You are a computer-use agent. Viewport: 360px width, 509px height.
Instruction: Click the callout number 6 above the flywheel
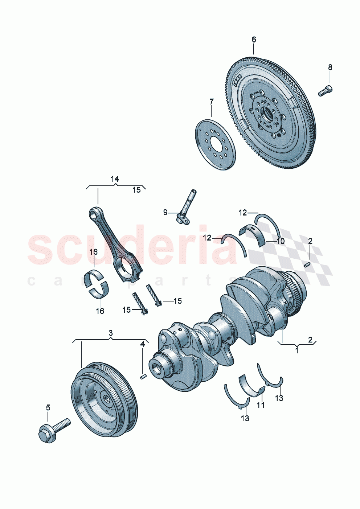pos(254,39)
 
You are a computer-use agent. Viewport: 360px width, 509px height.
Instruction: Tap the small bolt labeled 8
pos(326,90)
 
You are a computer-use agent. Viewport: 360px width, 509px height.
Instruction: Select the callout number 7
pos(211,102)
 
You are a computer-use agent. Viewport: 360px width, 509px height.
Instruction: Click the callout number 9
pos(165,212)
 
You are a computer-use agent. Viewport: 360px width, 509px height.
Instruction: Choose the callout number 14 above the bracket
pos(115,179)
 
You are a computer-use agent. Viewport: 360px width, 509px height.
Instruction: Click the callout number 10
pos(281,241)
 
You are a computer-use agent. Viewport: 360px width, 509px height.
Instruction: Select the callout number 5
pos(48,407)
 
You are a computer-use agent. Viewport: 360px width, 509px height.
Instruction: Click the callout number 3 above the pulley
pos(111,333)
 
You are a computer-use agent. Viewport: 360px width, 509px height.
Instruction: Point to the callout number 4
pos(143,344)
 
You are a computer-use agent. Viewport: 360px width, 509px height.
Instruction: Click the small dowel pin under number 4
pos(143,377)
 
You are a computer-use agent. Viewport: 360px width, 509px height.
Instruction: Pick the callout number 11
pos(261,405)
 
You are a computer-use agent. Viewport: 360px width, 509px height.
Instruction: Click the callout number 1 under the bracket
pos(296,350)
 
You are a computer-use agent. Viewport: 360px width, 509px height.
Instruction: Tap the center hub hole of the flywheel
pos(269,115)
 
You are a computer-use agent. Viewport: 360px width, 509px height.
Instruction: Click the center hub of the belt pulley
pos(107,399)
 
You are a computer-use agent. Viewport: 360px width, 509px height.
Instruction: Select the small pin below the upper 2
pos(308,265)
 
